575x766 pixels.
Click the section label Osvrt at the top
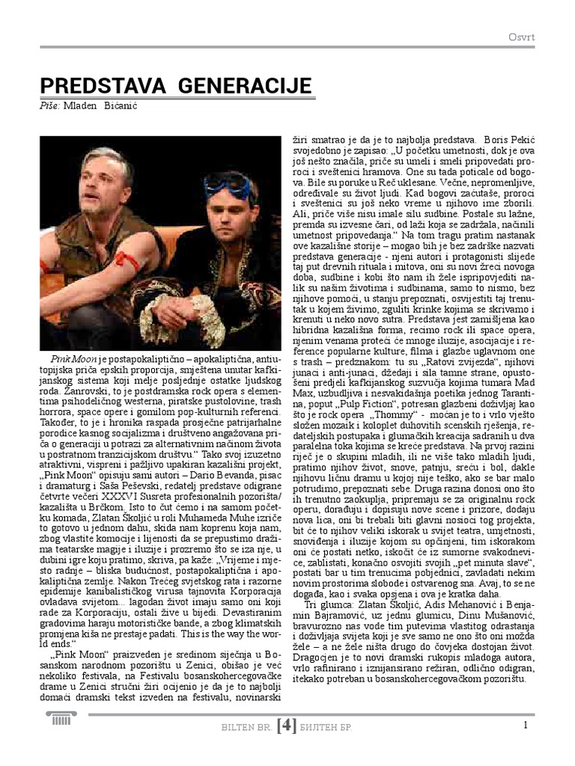(521, 37)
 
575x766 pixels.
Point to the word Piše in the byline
(49, 105)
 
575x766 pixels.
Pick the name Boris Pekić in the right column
(511, 139)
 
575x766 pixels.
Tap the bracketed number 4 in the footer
(287, 725)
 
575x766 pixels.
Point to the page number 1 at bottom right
(526, 723)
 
